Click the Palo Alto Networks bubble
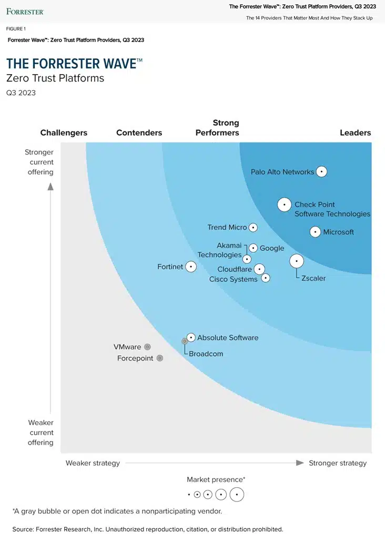coord(321,171)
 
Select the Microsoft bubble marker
coord(315,232)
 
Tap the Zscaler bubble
coord(297,261)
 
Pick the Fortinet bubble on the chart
coord(191,266)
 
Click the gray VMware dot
coord(147,347)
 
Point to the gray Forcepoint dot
coord(160,358)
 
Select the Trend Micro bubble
coord(253,228)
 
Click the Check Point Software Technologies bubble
coord(284,204)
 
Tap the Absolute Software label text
coord(228,337)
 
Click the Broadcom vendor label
coord(206,354)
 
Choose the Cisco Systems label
coord(233,279)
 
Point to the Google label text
coord(272,248)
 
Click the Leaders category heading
coord(355,132)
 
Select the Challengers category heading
coord(64,132)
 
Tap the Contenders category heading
coord(139,132)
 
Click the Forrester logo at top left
coord(25,11)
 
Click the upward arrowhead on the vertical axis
coord(50,186)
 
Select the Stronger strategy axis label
coord(338,463)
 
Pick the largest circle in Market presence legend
coord(237,495)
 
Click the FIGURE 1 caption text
coord(16,29)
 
